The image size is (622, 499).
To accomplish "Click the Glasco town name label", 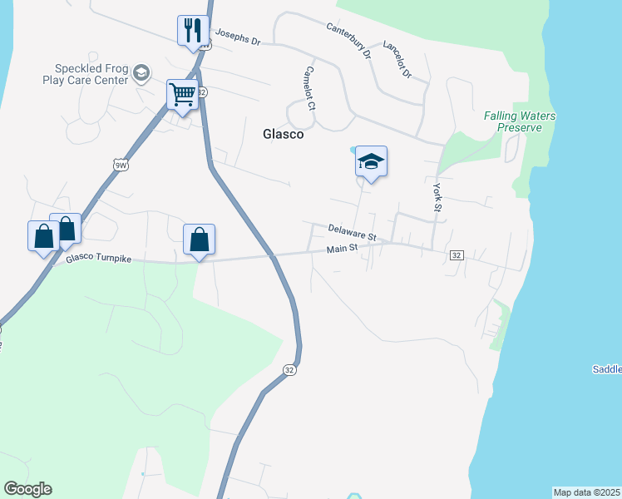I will point(284,134).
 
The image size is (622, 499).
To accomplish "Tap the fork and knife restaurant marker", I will point(193,31).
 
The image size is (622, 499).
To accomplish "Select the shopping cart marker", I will point(182,94).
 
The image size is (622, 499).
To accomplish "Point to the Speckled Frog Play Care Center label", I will point(91,75).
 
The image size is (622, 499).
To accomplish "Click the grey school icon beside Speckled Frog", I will point(141,74).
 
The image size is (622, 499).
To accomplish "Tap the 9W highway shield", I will point(121,166).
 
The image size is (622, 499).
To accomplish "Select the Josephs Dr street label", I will point(238,37).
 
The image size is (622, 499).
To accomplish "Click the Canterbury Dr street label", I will point(348,41).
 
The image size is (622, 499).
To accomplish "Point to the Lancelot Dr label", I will point(397,61).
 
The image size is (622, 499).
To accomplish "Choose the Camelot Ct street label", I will point(310,89).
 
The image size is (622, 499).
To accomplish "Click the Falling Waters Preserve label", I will point(520,121).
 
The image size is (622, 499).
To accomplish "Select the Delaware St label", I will point(352,232).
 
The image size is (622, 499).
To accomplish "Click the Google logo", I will point(27,489).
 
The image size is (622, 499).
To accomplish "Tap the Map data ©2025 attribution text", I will point(587,492).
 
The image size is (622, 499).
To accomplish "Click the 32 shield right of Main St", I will point(457,254).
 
